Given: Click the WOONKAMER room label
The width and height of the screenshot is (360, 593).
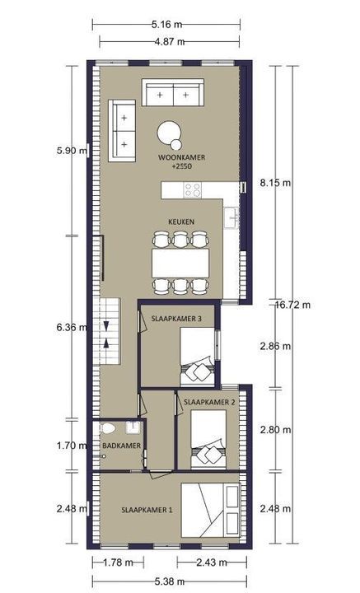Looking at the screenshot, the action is (181, 157).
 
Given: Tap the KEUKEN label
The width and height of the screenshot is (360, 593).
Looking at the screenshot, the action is (181, 222).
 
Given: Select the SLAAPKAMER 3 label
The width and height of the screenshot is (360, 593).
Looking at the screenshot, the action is (176, 319).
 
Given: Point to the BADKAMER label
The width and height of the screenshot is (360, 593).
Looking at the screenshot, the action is (121, 446).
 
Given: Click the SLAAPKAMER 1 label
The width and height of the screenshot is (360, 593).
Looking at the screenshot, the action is (147, 510).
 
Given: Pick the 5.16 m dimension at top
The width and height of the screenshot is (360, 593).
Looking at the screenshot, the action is (166, 25).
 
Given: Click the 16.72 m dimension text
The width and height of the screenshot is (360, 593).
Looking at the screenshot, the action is (292, 305).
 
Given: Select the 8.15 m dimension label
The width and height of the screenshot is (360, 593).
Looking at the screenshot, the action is (276, 183).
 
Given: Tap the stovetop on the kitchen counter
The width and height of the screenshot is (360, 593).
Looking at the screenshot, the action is (192, 190).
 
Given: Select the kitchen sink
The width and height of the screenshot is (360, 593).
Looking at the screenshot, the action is (231, 217).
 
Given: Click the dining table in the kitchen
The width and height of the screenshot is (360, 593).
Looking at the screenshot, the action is (180, 263).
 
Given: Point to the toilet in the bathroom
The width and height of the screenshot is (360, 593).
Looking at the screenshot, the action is (107, 428).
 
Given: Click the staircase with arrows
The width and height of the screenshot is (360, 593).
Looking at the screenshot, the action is (107, 331).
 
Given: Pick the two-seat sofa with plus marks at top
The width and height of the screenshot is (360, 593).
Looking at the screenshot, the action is (173, 92).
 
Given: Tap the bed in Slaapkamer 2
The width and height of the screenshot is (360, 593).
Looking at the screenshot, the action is (208, 439).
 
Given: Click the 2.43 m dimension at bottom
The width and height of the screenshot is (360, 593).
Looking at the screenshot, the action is (212, 563).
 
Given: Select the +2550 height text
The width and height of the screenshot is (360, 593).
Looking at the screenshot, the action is (181, 166).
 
